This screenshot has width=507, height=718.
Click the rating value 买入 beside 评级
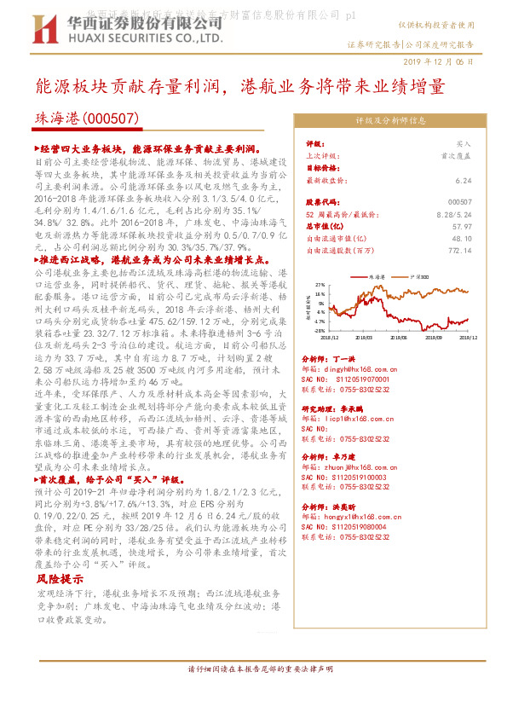point(464,144)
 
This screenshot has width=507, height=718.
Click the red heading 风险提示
point(55,577)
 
